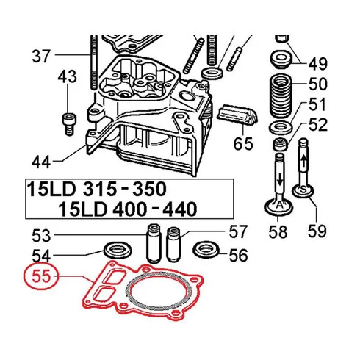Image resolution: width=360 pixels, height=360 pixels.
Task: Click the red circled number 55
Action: (41, 276)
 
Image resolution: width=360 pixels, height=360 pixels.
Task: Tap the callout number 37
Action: (41, 56)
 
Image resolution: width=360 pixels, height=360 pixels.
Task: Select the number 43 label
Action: (67, 76)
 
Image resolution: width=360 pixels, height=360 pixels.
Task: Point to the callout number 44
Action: (41, 162)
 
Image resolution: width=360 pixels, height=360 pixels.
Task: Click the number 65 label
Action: (243, 144)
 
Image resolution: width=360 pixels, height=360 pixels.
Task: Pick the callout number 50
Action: (317, 84)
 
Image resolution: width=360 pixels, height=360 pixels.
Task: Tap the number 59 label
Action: (317, 231)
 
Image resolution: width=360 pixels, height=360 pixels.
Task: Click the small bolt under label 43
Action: (69, 124)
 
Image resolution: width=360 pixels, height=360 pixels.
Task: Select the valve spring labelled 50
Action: (281, 96)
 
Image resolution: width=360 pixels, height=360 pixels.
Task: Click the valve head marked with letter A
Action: (279, 208)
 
